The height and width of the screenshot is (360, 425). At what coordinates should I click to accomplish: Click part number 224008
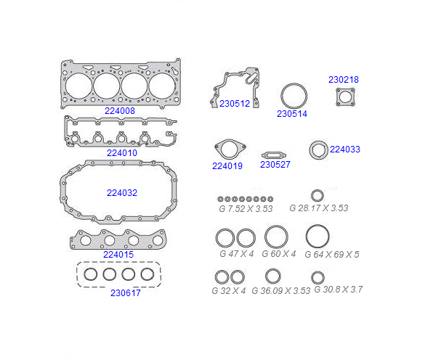tap(120, 111)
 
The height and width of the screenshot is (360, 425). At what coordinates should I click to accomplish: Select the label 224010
tap(122, 153)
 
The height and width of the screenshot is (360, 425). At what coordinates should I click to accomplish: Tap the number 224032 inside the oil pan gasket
tap(122, 193)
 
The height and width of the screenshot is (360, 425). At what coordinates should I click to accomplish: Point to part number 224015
tap(118, 255)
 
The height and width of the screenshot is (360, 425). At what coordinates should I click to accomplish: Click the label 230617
tap(126, 293)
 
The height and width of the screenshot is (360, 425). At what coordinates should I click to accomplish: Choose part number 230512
tap(235, 104)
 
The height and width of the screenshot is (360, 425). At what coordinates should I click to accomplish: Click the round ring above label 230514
tap(294, 84)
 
